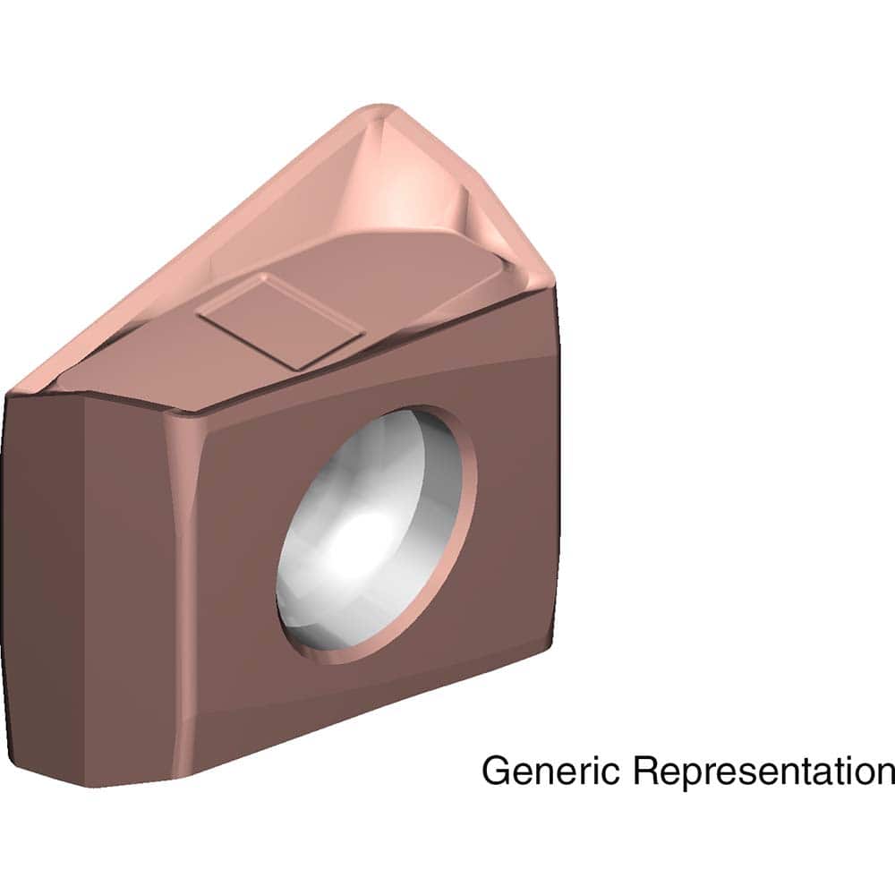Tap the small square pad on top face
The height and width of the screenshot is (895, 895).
[280, 321]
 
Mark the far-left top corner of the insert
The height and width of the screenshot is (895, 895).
[9, 391]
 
